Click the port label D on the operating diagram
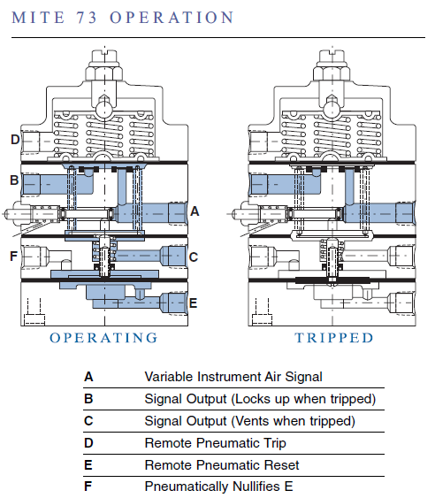pos(15,140)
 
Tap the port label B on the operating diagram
pos(14,180)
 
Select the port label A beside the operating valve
pos(195,211)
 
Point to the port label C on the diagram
pos(194,257)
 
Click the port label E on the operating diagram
pos(193,303)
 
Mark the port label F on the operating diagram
pos(13,256)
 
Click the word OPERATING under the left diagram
pos(103,338)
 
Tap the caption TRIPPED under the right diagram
pos(334,338)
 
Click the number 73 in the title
pos(87,18)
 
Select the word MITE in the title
pos(38,18)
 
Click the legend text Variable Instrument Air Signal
pos(233,377)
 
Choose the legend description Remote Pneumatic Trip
pos(215,443)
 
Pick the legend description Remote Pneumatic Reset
pos(222,465)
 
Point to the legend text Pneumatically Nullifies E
pos(218,487)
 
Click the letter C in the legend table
pos(88,421)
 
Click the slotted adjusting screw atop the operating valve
pos(104,57)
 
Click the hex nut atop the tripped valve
pos(332,73)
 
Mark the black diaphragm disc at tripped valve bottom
pos(332,280)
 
